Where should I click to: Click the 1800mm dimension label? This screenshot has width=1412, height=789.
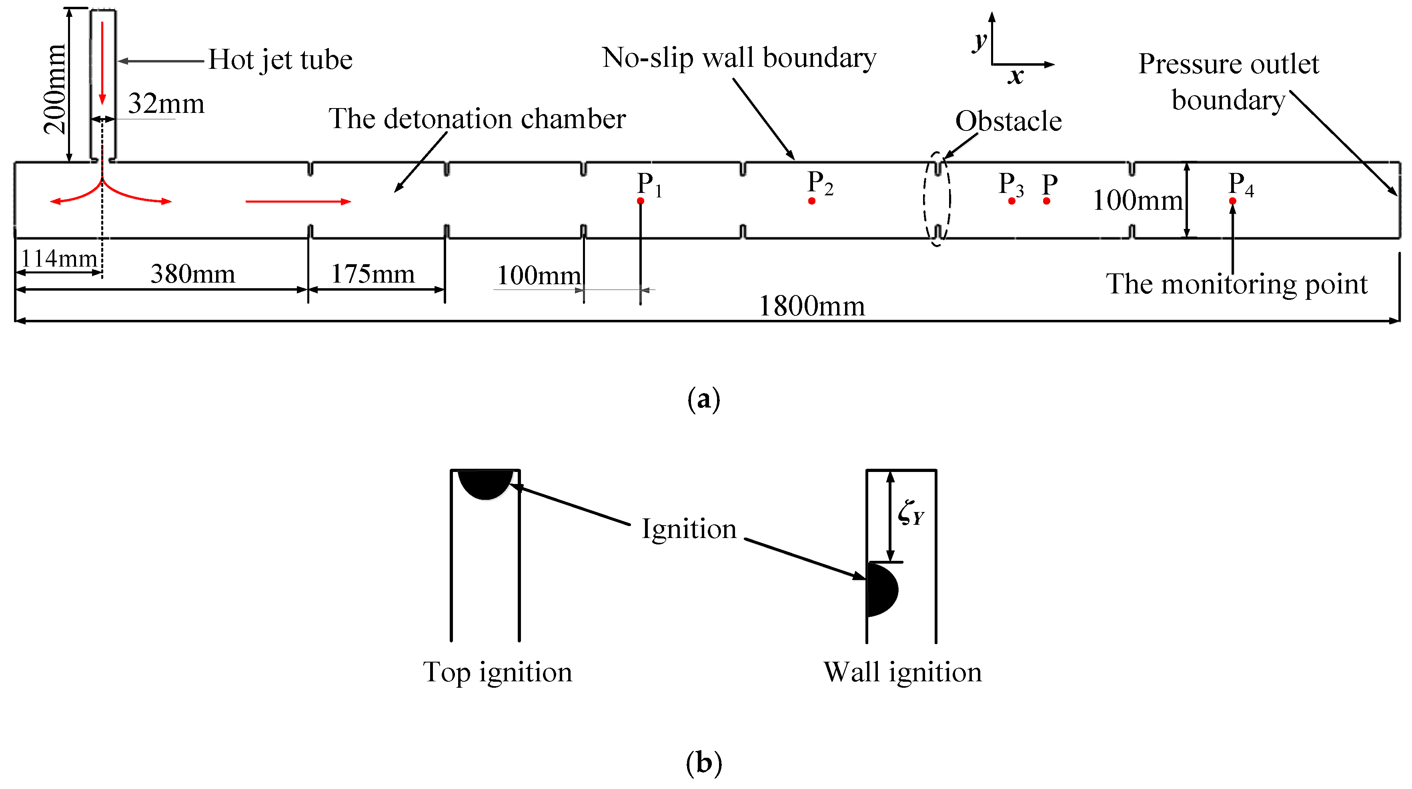point(811,306)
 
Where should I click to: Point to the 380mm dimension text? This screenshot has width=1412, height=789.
point(192,273)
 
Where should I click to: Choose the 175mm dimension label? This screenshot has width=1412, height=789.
point(373,273)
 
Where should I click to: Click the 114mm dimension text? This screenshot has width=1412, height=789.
point(59,258)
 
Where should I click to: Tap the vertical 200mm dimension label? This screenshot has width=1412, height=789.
point(55,89)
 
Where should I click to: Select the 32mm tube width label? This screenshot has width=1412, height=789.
point(166,103)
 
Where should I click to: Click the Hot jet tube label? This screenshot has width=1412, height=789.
point(280,59)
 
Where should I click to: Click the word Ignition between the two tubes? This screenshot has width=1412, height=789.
point(689,529)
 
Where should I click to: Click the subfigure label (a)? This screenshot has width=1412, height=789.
point(703,399)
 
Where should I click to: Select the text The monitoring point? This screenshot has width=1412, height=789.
point(1237,284)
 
